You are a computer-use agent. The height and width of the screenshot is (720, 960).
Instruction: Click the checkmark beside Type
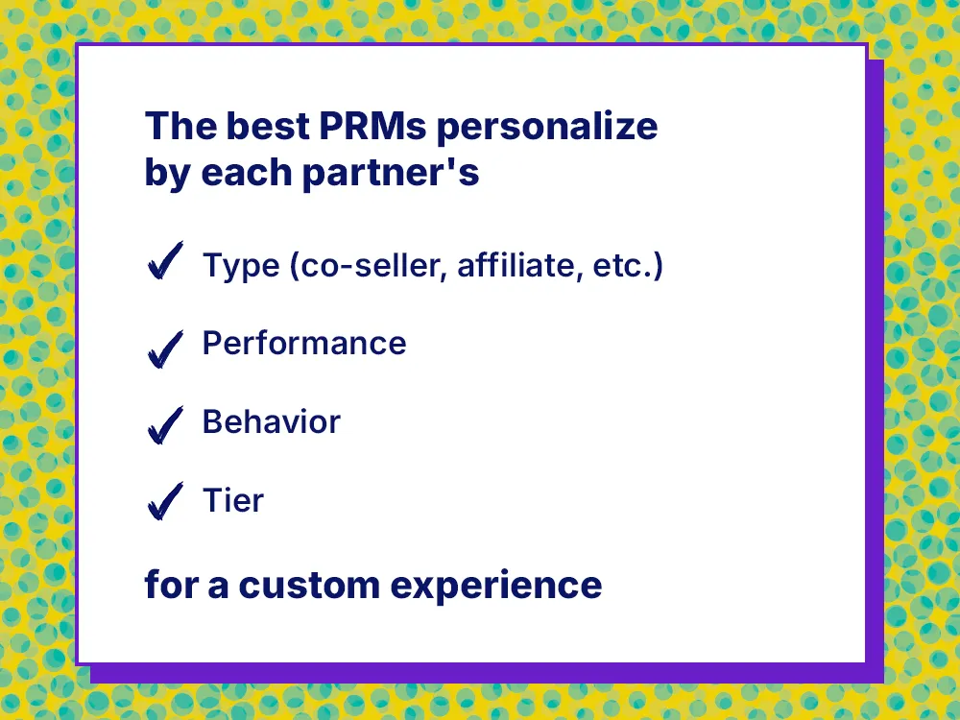(165, 262)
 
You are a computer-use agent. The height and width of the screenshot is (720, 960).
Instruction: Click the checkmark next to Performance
(165, 347)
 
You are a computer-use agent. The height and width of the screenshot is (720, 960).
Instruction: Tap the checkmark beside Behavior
(165, 425)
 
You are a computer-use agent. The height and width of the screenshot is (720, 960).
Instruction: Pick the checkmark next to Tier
(165, 502)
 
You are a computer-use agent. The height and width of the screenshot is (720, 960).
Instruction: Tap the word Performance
(304, 344)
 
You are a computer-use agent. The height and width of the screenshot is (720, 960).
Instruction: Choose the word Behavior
(271, 421)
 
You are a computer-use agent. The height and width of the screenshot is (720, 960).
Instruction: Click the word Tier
(232, 499)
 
